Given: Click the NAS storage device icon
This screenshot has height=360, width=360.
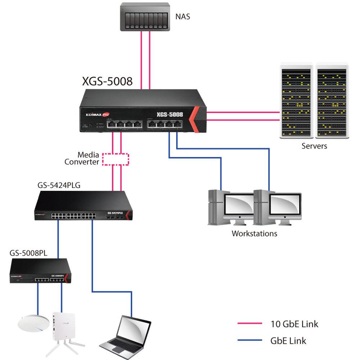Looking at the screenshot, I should tap(145, 17).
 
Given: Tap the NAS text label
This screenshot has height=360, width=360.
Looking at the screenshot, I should tap(183, 16).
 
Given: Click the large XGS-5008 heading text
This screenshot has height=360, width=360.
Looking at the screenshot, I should tap(107, 81).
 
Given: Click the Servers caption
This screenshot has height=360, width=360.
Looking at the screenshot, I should tap(314, 146).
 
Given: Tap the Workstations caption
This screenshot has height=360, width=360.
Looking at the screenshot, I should tap(254, 233).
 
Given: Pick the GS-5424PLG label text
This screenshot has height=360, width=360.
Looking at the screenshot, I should tap(59, 185).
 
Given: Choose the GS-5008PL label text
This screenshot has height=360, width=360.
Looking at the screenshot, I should tap(28, 253).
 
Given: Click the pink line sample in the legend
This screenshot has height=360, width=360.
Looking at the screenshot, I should tap(249, 324).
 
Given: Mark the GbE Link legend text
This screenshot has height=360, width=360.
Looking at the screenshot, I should tap(288, 340).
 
